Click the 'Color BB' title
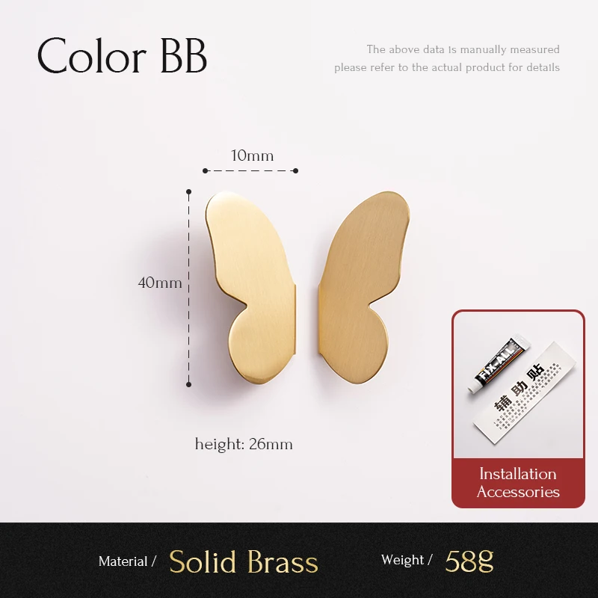click(x=122, y=55)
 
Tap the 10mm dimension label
click(x=252, y=155)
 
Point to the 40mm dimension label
click(x=160, y=283)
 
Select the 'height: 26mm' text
click(x=244, y=444)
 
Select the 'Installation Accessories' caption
click(x=518, y=483)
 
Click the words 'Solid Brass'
click(x=244, y=562)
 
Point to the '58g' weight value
click(x=469, y=561)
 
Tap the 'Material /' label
click(x=127, y=561)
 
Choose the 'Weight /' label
click(x=407, y=560)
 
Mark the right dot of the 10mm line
click(x=295, y=170)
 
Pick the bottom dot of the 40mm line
click(x=188, y=384)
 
